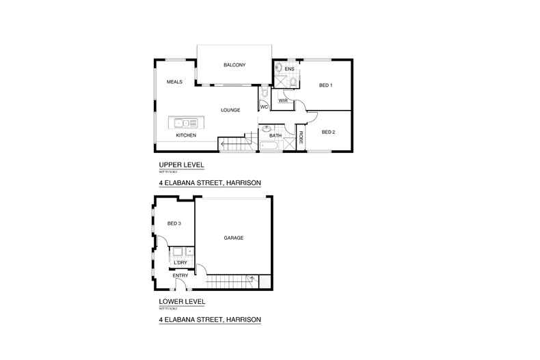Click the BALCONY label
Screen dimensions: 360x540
(x=234, y=65)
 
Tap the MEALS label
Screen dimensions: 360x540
(x=174, y=83)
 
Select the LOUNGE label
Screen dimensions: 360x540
(x=230, y=110)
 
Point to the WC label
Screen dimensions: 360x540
(x=264, y=107)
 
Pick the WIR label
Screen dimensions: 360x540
(x=281, y=101)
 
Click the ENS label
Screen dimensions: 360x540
(x=289, y=69)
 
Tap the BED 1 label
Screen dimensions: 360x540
(x=325, y=85)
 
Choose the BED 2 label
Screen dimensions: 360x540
(x=327, y=132)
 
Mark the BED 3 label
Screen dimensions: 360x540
(x=174, y=223)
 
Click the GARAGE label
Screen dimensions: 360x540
(x=234, y=238)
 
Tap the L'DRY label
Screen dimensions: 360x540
(x=180, y=263)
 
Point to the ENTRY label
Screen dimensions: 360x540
(x=170, y=275)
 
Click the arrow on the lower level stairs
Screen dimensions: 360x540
(x=253, y=279)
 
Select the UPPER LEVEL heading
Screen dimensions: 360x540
(x=181, y=165)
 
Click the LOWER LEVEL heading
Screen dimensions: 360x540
(x=182, y=301)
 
